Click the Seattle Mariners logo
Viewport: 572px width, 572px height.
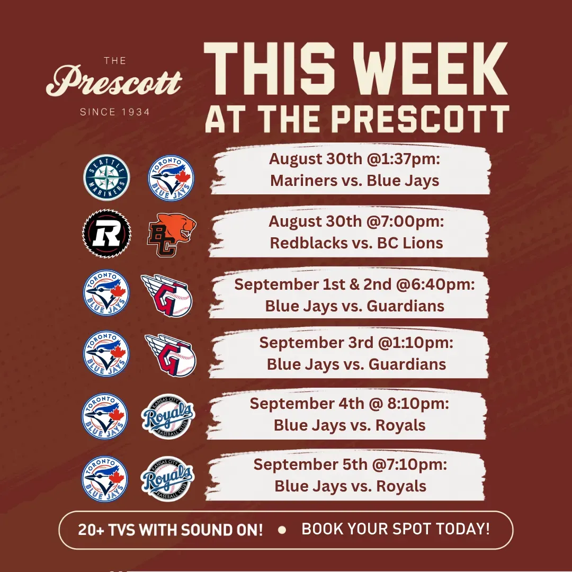[106, 177]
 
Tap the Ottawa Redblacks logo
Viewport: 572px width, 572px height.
[106, 234]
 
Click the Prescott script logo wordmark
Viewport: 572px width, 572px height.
[114, 81]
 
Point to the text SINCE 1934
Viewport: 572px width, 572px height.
[115, 112]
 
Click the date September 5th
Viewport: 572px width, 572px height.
[310, 465]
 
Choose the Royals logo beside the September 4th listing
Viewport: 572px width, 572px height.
[168, 416]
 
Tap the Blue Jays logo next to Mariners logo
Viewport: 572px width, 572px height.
[171, 178]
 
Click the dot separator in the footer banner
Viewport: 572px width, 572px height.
[282, 530]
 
